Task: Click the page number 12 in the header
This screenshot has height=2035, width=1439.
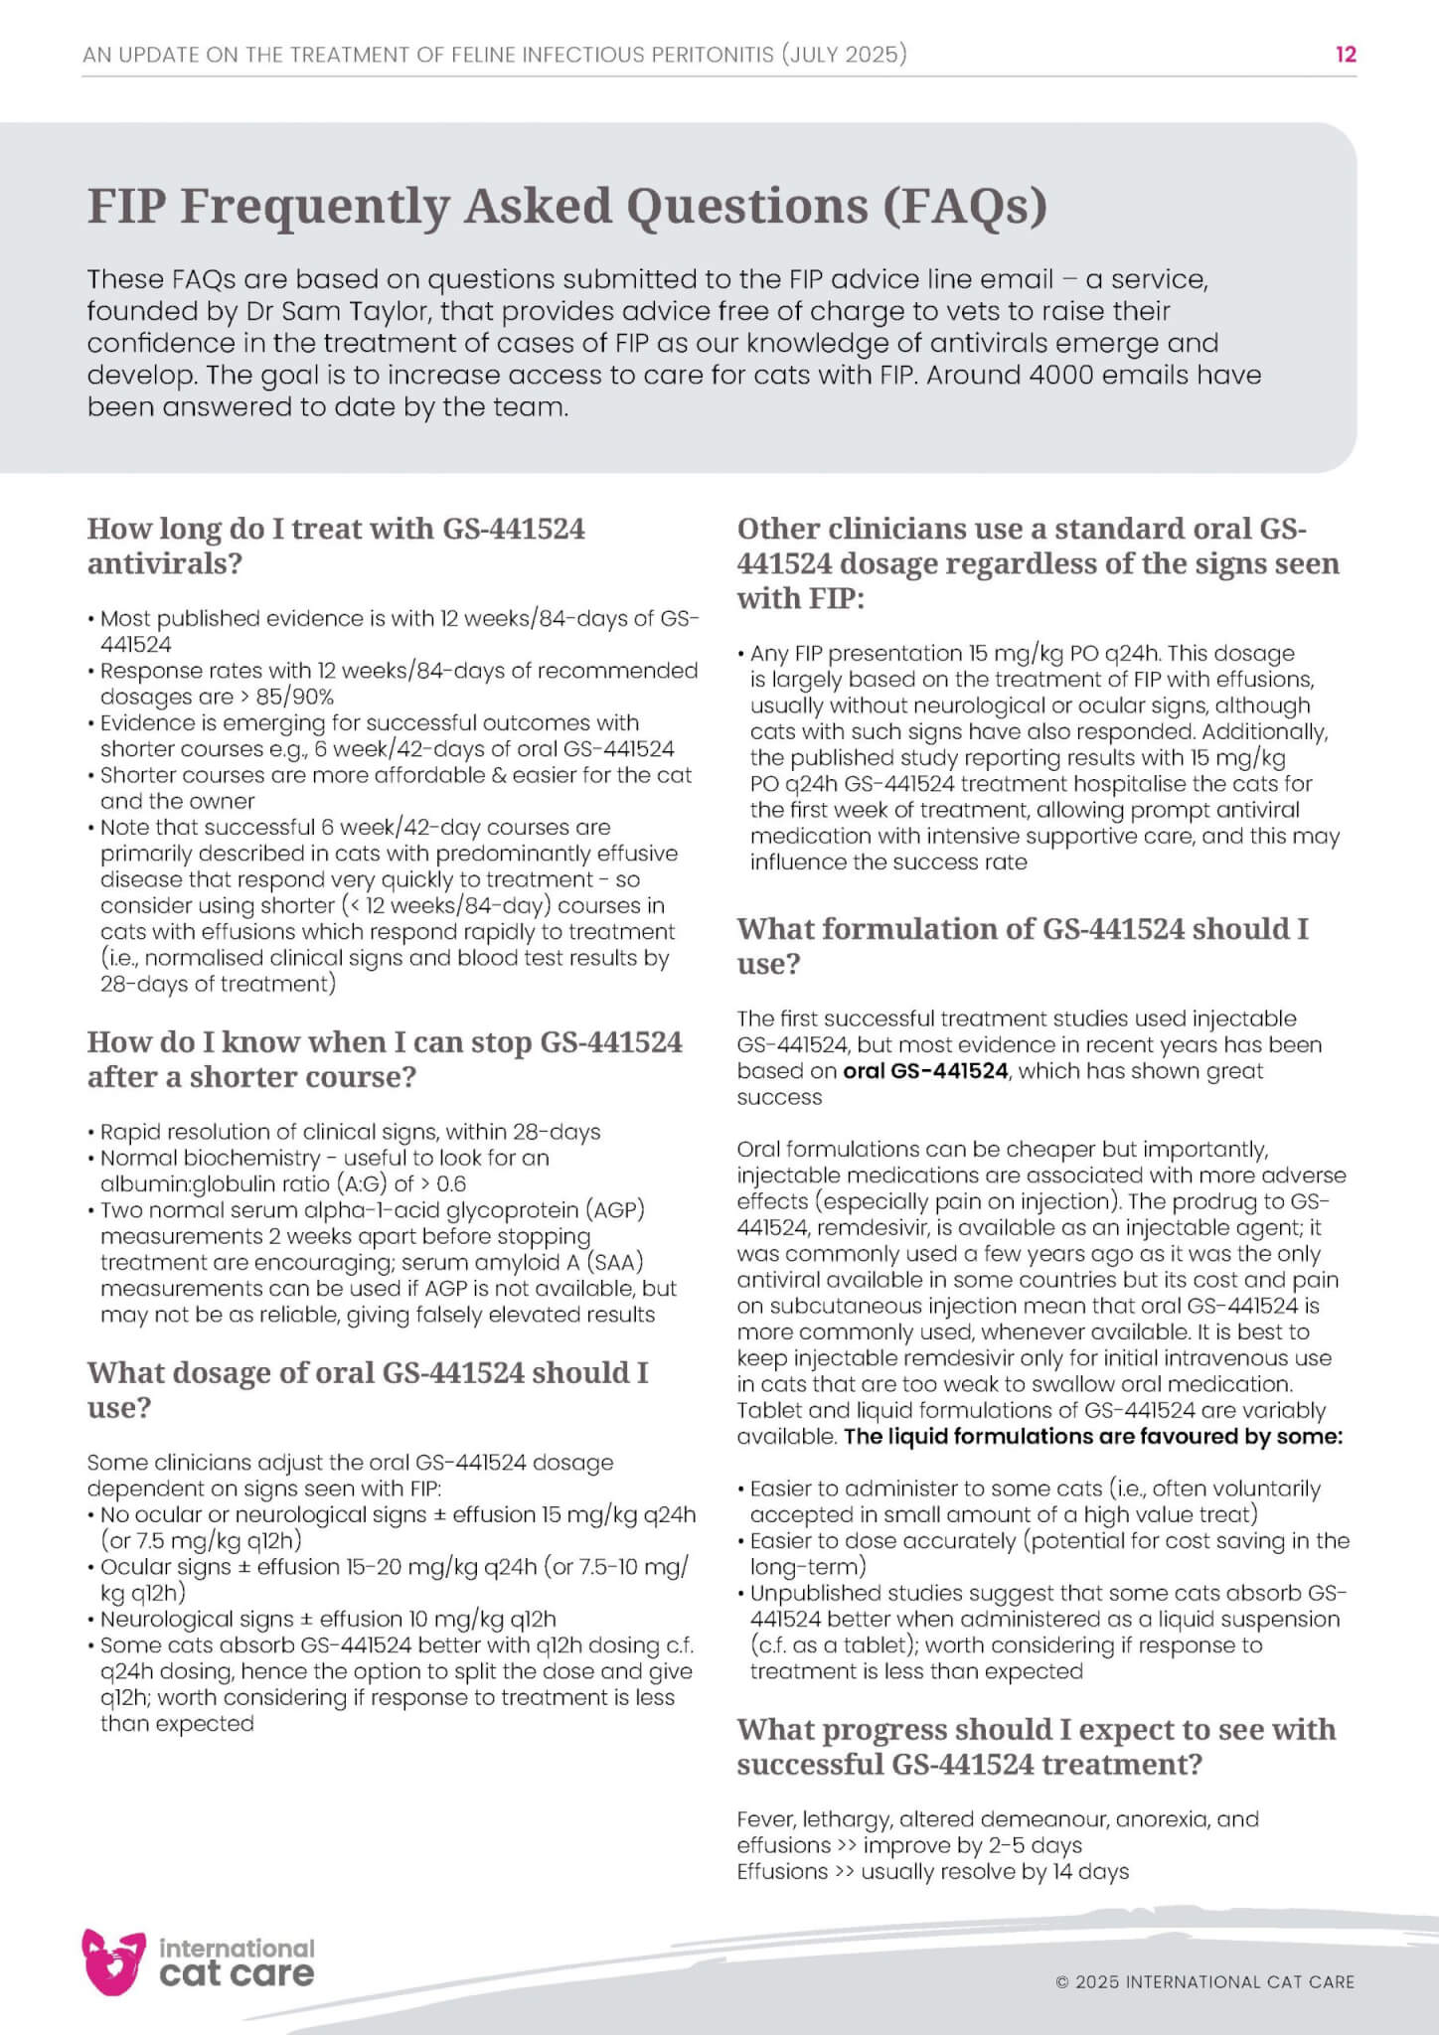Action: [1346, 55]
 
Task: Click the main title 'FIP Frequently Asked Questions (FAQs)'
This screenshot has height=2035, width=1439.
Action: [567, 206]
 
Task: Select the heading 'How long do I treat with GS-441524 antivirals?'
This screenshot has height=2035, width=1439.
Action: [336, 546]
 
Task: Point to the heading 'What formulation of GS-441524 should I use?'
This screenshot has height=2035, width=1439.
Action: [1023, 945]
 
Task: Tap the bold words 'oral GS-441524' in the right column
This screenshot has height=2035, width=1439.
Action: [925, 1071]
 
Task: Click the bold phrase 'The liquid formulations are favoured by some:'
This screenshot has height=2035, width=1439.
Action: [1093, 1436]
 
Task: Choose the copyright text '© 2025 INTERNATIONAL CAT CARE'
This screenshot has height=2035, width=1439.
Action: [1204, 1981]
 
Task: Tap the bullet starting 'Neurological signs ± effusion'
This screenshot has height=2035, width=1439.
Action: [328, 1619]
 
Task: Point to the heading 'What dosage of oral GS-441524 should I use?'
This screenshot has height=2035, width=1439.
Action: [368, 1389]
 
